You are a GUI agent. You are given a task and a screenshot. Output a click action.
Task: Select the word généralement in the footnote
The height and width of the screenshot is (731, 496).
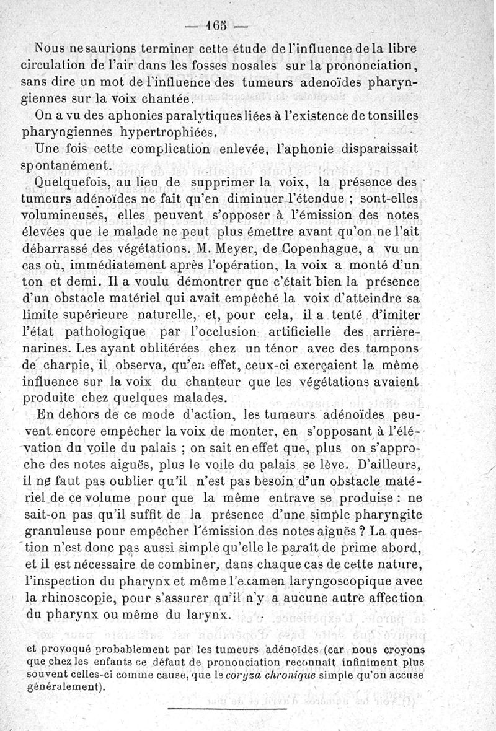(x=63, y=687)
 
